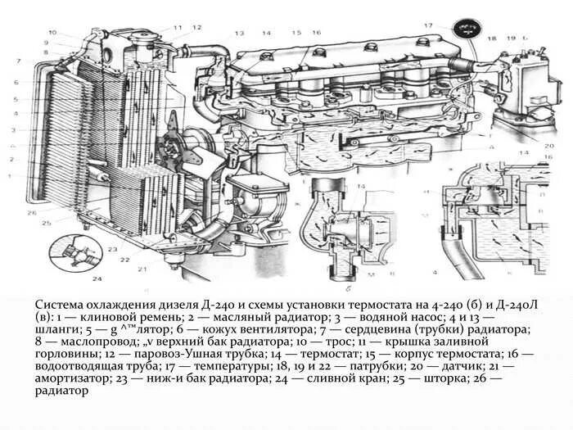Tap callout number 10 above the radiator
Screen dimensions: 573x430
[52, 33]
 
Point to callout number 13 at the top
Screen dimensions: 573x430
[239, 33]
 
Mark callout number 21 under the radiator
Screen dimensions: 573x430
[142, 269]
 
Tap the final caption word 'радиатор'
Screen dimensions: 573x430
[61, 392]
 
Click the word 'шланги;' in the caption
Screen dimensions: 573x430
[57, 328]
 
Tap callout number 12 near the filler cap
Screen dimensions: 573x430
[197, 27]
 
